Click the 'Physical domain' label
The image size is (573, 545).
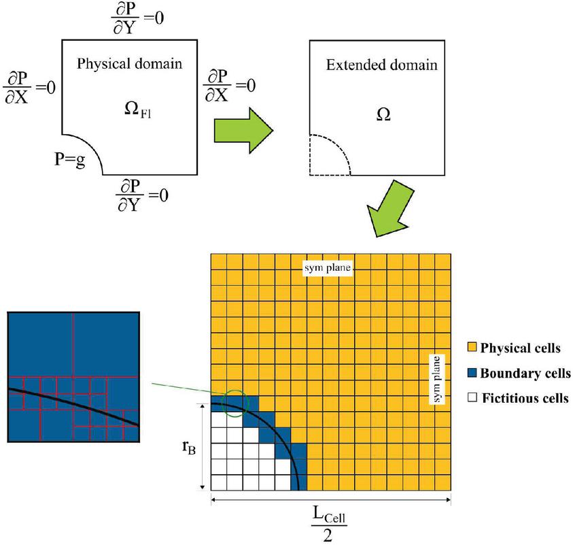click(x=129, y=65)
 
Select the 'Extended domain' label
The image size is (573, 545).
click(x=381, y=66)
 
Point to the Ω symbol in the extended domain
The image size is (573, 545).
click(x=383, y=114)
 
